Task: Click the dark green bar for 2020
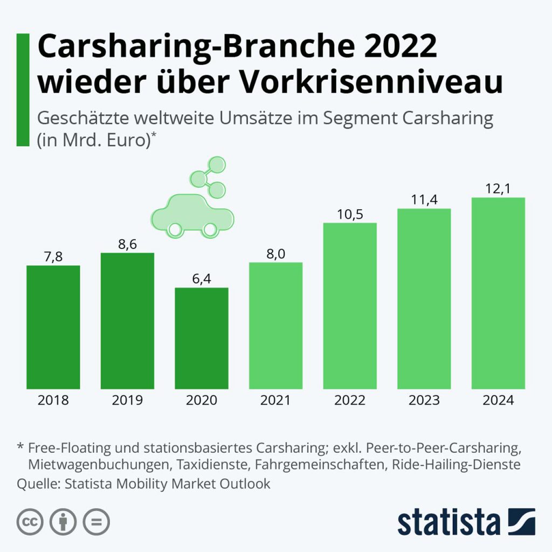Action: (202, 338)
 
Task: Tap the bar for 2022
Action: (350, 306)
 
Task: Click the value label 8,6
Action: (127, 244)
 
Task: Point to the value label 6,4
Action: (202, 279)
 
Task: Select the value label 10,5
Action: (350, 214)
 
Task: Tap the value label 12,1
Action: (498, 189)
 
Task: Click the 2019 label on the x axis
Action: (127, 401)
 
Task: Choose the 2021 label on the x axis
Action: (275, 401)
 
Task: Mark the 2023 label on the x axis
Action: (424, 401)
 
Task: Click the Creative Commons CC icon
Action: (30, 522)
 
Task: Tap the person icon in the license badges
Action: (63, 522)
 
